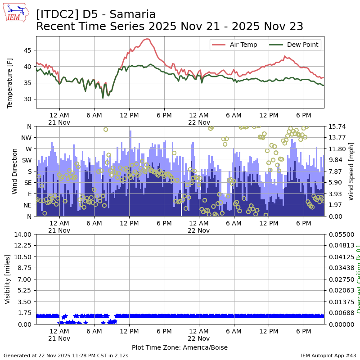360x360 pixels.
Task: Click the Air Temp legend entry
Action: click(243, 45)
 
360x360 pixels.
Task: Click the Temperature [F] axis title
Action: click(10, 83)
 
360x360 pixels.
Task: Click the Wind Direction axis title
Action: click(15, 171)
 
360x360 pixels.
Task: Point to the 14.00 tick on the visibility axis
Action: click(23, 234)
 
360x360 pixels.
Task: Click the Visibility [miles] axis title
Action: click(8, 279)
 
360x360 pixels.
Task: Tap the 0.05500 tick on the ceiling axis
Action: click(340, 234)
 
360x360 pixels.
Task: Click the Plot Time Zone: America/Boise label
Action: click(180, 347)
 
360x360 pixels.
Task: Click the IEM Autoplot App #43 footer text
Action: click(328, 355)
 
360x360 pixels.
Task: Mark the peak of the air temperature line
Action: click(147, 39)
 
